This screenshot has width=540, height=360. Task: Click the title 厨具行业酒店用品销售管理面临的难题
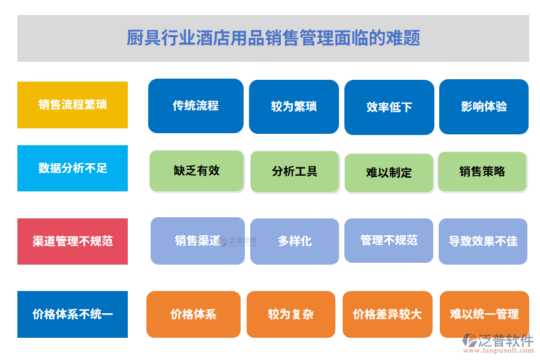(x=273, y=38)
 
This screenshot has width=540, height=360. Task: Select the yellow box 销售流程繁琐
(x=73, y=105)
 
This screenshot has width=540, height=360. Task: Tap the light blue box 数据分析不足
(x=73, y=169)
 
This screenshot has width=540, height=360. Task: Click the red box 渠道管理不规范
(x=73, y=241)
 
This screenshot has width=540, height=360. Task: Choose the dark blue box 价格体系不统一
(x=73, y=314)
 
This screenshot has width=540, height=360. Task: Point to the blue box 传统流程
(x=196, y=106)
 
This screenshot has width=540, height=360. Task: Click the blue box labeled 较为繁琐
(x=293, y=107)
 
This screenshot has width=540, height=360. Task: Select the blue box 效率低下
(x=389, y=107)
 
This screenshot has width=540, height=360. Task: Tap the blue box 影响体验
(x=484, y=107)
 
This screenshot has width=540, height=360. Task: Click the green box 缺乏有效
(x=197, y=171)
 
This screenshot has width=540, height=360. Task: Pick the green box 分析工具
(x=295, y=172)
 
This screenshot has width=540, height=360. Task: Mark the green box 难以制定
(x=389, y=173)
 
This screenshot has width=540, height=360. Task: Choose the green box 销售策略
(x=482, y=172)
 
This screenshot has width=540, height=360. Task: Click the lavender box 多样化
(x=295, y=241)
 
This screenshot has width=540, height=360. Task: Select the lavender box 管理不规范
(x=389, y=240)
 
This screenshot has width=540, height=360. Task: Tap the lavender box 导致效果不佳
(x=483, y=241)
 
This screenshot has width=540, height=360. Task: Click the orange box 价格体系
(x=193, y=314)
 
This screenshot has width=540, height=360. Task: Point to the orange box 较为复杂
(x=291, y=314)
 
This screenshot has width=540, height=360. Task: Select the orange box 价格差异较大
(x=387, y=314)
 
